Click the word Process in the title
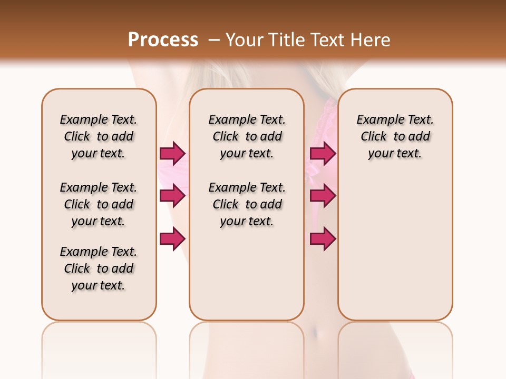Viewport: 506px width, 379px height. tap(163, 40)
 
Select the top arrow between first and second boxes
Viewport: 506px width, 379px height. tap(172, 154)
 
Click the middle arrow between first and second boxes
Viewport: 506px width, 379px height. tap(172, 196)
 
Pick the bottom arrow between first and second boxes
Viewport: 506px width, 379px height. tap(172, 239)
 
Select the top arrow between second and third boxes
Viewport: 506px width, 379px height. tap(323, 154)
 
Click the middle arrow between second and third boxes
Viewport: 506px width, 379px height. tap(323, 196)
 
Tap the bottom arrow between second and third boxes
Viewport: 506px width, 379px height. tap(323, 239)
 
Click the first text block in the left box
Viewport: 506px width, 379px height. tap(99, 136)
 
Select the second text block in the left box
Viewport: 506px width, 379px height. tap(99, 204)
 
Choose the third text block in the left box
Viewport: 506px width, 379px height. tap(99, 268)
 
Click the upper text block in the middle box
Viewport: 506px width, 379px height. tap(247, 136)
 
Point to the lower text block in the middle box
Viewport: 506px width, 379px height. tap(247, 204)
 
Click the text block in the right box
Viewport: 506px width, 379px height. tap(395, 136)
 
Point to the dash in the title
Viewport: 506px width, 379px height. tap(214, 40)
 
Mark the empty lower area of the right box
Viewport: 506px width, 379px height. tap(395, 247)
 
